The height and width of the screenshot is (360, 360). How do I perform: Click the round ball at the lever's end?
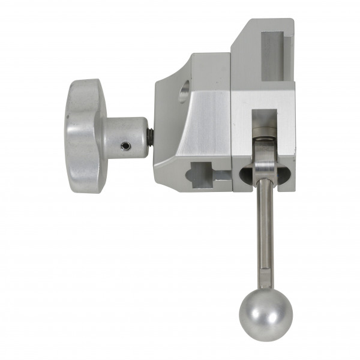266,316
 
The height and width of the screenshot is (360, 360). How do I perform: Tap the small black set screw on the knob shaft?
125,146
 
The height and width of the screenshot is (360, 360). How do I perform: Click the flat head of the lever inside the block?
264,159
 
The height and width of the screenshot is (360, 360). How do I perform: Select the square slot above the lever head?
264,120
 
